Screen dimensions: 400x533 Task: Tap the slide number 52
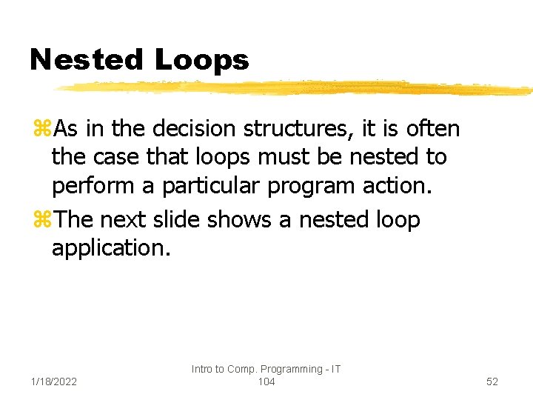click(492, 381)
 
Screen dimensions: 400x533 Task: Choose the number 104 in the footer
click(266, 381)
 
